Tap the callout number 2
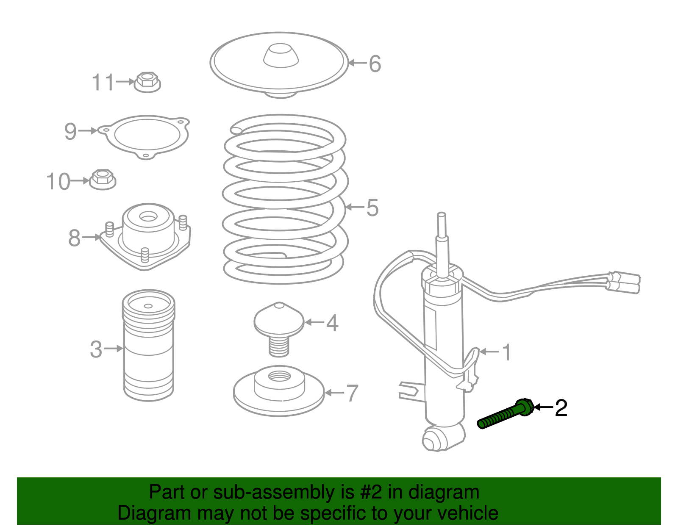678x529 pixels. coord(561,408)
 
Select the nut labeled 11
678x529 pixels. coord(147,82)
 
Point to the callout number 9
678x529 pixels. coord(70,131)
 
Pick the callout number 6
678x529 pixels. coord(375,64)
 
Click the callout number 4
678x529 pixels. coord(332,323)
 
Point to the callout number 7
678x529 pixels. coord(352,393)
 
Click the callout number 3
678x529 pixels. coord(96,350)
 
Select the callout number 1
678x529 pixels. coord(506,352)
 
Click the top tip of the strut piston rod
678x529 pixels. coord(441,215)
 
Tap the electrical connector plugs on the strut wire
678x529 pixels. coord(625,282)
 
